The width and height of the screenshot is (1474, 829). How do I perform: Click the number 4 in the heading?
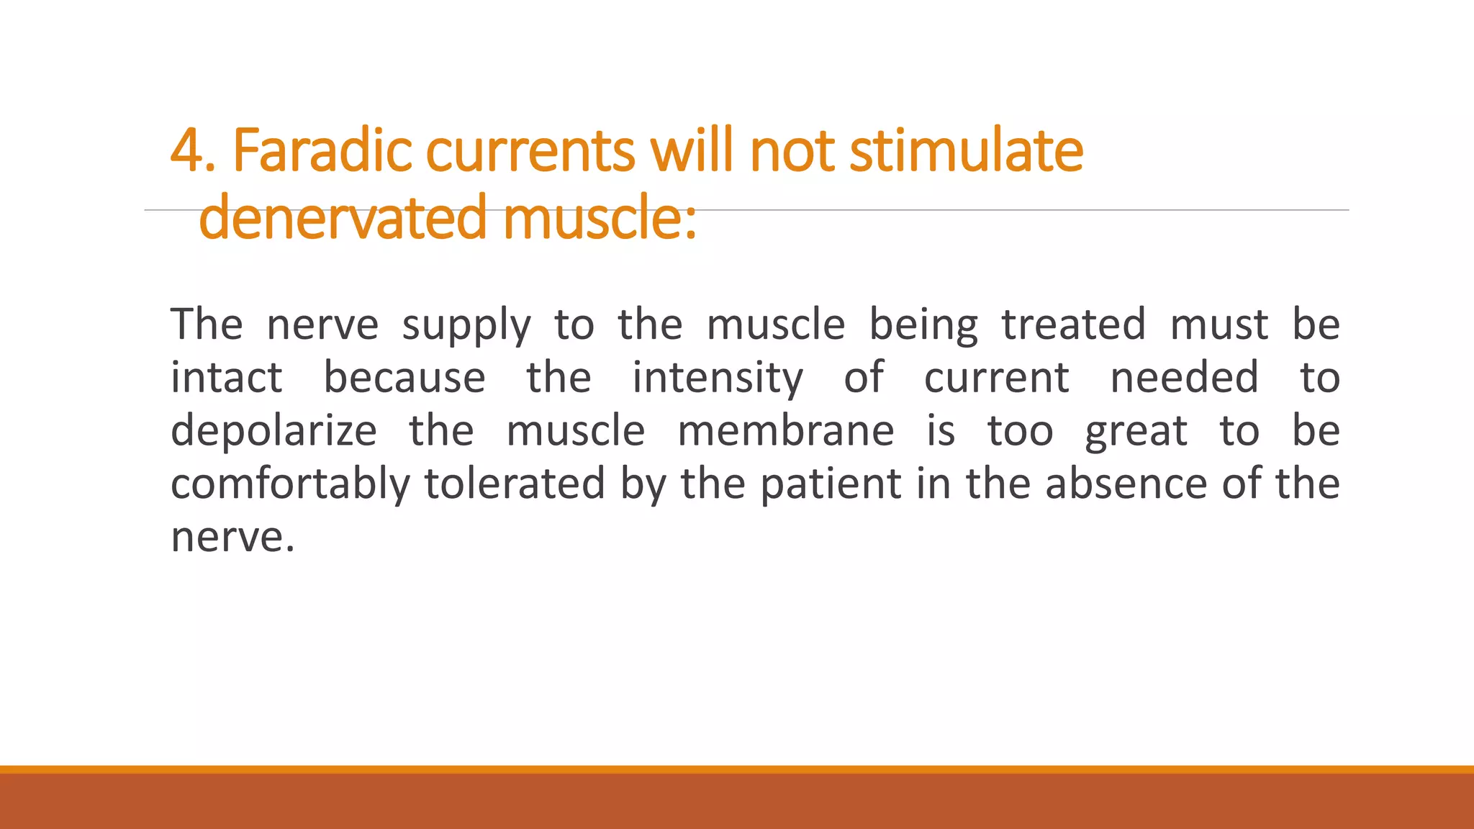coord(187,151)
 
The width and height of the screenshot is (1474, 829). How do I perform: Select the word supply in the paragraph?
coord(466,325)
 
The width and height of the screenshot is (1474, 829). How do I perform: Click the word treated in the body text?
coord(1073,325)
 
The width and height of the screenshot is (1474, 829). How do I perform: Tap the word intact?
coord(226,378)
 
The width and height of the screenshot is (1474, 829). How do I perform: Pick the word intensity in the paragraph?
coord(717,379)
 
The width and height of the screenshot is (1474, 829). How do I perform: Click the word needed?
coord(1184,378)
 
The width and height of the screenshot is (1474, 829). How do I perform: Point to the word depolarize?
coord(273,432)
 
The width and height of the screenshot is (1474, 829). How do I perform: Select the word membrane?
coord(785,430)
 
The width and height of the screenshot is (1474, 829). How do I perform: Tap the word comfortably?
coord(289,484)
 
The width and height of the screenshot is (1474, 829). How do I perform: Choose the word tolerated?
coord(515,484)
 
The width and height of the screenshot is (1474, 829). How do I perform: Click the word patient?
coord(831,484)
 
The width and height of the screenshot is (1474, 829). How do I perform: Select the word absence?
coord(1126,484)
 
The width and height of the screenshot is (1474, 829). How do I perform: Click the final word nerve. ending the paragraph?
coord(232,537)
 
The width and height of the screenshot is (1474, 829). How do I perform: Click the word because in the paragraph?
coord(404,378)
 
